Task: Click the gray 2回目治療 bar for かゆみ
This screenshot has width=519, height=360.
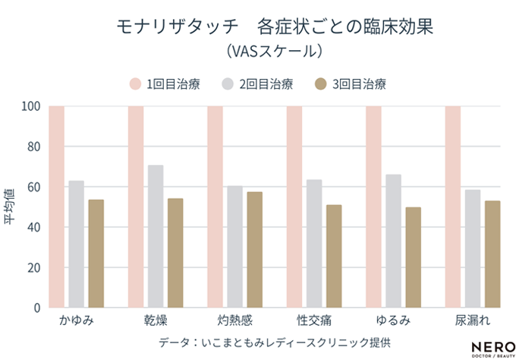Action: [x=76, y=245]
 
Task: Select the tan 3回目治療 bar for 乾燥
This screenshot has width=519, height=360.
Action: [x=175, y=253]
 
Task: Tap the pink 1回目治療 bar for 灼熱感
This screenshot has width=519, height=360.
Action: [x=215, y=207]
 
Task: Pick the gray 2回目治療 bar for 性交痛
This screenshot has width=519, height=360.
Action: [x=314, y=244]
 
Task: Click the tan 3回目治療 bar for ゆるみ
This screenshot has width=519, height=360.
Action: [x=413, y=257]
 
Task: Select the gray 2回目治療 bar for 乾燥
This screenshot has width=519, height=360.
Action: [x=156, y=236]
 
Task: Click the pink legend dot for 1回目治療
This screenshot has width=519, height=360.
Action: [x=136, y=84]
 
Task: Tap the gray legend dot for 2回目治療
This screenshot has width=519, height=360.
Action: [x=228, y=84]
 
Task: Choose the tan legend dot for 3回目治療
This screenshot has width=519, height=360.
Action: [x=321, y=84]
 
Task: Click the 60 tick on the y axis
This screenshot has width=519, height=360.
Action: [x=33, y=187]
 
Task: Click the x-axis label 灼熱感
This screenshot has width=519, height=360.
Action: [x=234, y=321]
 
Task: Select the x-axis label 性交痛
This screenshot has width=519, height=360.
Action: [x=313, y=321]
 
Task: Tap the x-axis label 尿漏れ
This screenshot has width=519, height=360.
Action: [x=472, y=321]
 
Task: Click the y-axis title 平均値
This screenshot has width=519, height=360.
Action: [x=11, y=207]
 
